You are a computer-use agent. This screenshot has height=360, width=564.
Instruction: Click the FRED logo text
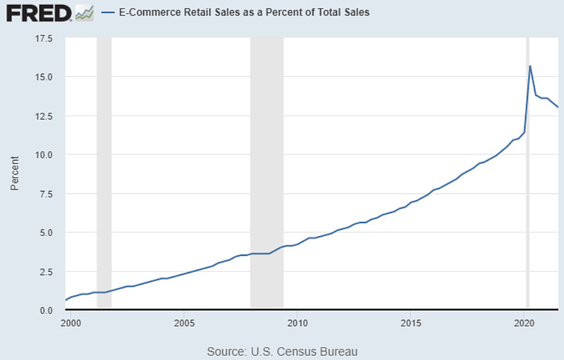37,12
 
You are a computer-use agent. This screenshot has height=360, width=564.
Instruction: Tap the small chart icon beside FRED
84,13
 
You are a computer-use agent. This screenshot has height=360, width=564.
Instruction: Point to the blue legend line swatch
109,13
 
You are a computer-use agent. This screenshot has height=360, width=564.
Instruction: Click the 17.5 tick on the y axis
44,38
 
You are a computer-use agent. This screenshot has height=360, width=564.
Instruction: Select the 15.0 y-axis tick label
44,77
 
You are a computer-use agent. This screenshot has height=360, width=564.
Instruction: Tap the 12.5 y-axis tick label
44,116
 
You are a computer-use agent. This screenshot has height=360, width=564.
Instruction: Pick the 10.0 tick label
44,155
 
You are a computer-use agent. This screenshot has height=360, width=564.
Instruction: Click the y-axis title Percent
14,174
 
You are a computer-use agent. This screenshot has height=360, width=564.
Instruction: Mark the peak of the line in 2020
530,66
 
